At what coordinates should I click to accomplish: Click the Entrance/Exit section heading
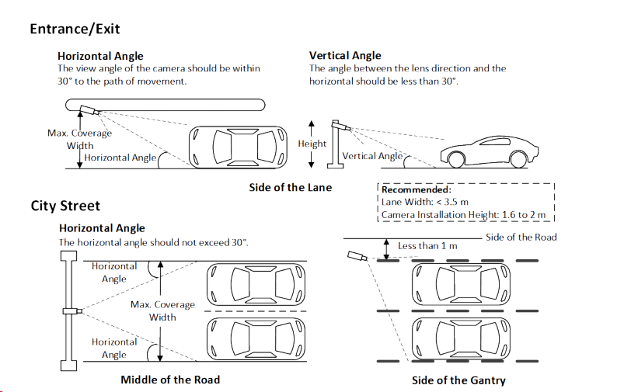click(x=75, y=29)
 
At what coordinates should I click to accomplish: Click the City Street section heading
click(x=65, y=206)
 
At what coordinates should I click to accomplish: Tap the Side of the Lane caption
click(x=290, y=187)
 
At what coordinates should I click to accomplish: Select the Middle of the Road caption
click(x=170, y=380)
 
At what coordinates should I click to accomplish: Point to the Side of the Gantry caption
click(x=458, y=380)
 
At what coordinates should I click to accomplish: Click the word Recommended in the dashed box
click(x=417, y=189)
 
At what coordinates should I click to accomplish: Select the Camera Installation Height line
click(x=463, y=215)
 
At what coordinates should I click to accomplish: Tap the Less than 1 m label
click(x=427, y=246)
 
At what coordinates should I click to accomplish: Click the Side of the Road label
click(x=521, y=237)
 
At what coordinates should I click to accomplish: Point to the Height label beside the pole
click(x=312, y=144)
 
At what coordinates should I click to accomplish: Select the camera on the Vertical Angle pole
click(x=340, y=124)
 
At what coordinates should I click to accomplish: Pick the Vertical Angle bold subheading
click(x=345, y=55)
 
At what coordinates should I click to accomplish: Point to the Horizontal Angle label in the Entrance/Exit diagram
click(x=120, y=158)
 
